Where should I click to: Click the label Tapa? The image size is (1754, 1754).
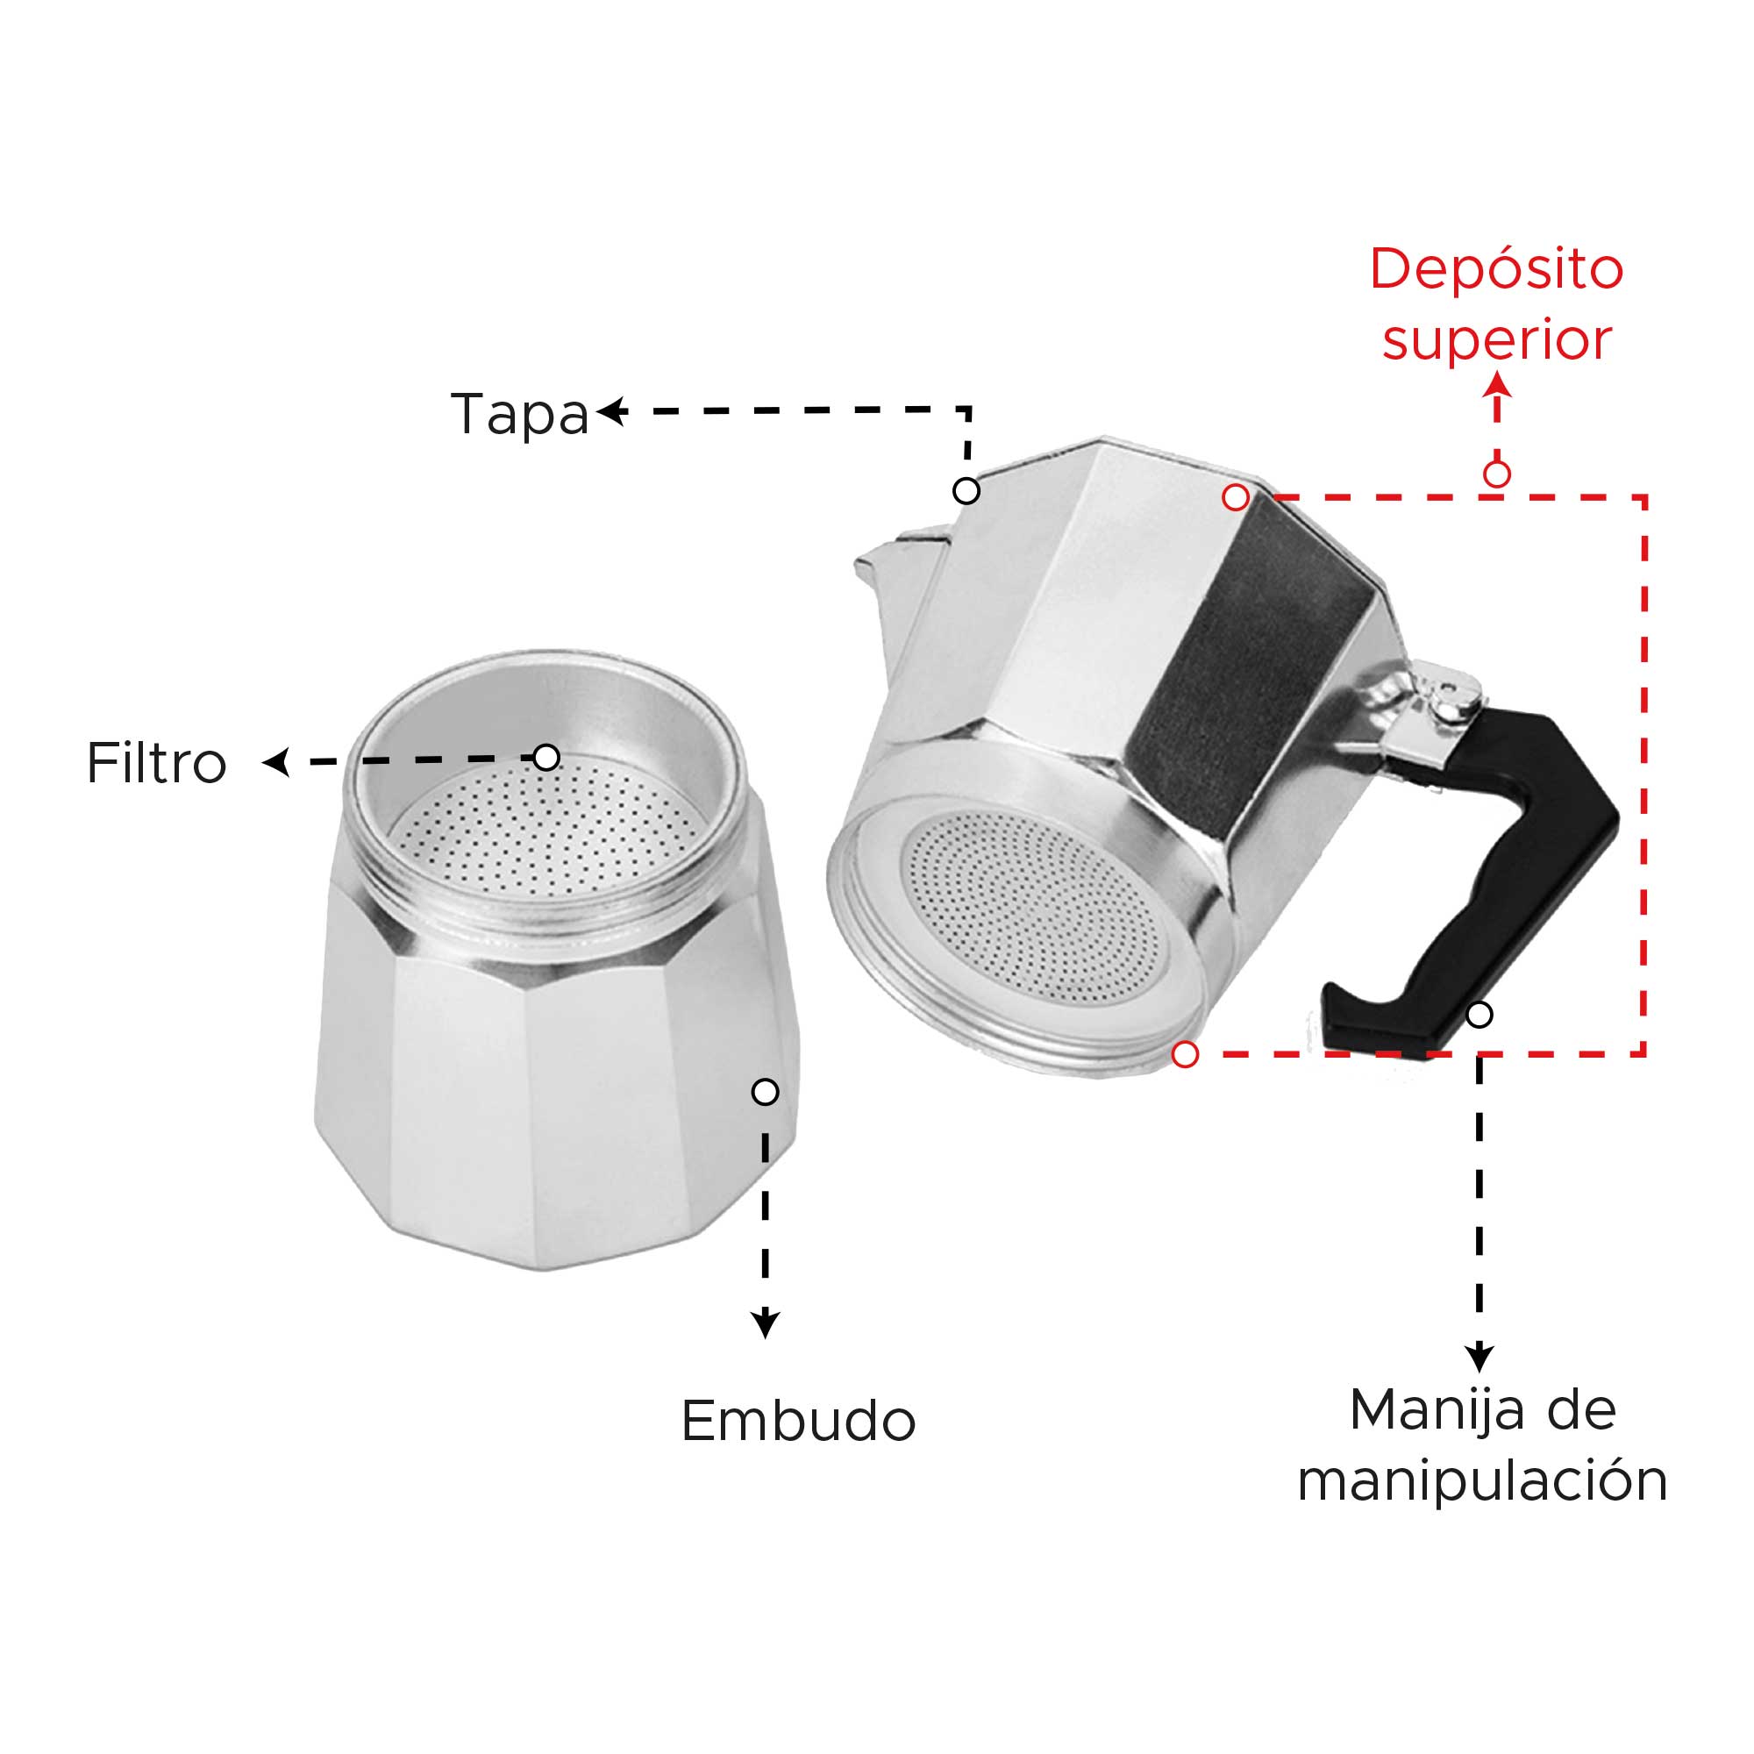[519, 416]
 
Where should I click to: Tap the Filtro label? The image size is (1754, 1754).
[156, 763]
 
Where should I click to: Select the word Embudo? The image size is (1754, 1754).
[798, 1421]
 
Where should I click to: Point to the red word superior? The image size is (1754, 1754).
[1496, 341]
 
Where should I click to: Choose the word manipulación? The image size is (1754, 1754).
[1482, 1481]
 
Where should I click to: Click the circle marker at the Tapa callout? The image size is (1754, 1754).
[966, 491]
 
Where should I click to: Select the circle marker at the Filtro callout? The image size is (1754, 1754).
[545, 757]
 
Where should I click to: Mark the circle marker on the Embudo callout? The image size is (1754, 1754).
[766, 1092]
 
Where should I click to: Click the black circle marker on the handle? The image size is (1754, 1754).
[1479, 1014]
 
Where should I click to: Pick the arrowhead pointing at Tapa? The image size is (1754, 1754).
[612, 411]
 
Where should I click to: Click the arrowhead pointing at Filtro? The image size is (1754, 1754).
[276, 763]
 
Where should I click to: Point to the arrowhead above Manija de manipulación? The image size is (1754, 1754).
[1479, 1358]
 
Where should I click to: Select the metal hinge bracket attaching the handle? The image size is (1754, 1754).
[1426, 717]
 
